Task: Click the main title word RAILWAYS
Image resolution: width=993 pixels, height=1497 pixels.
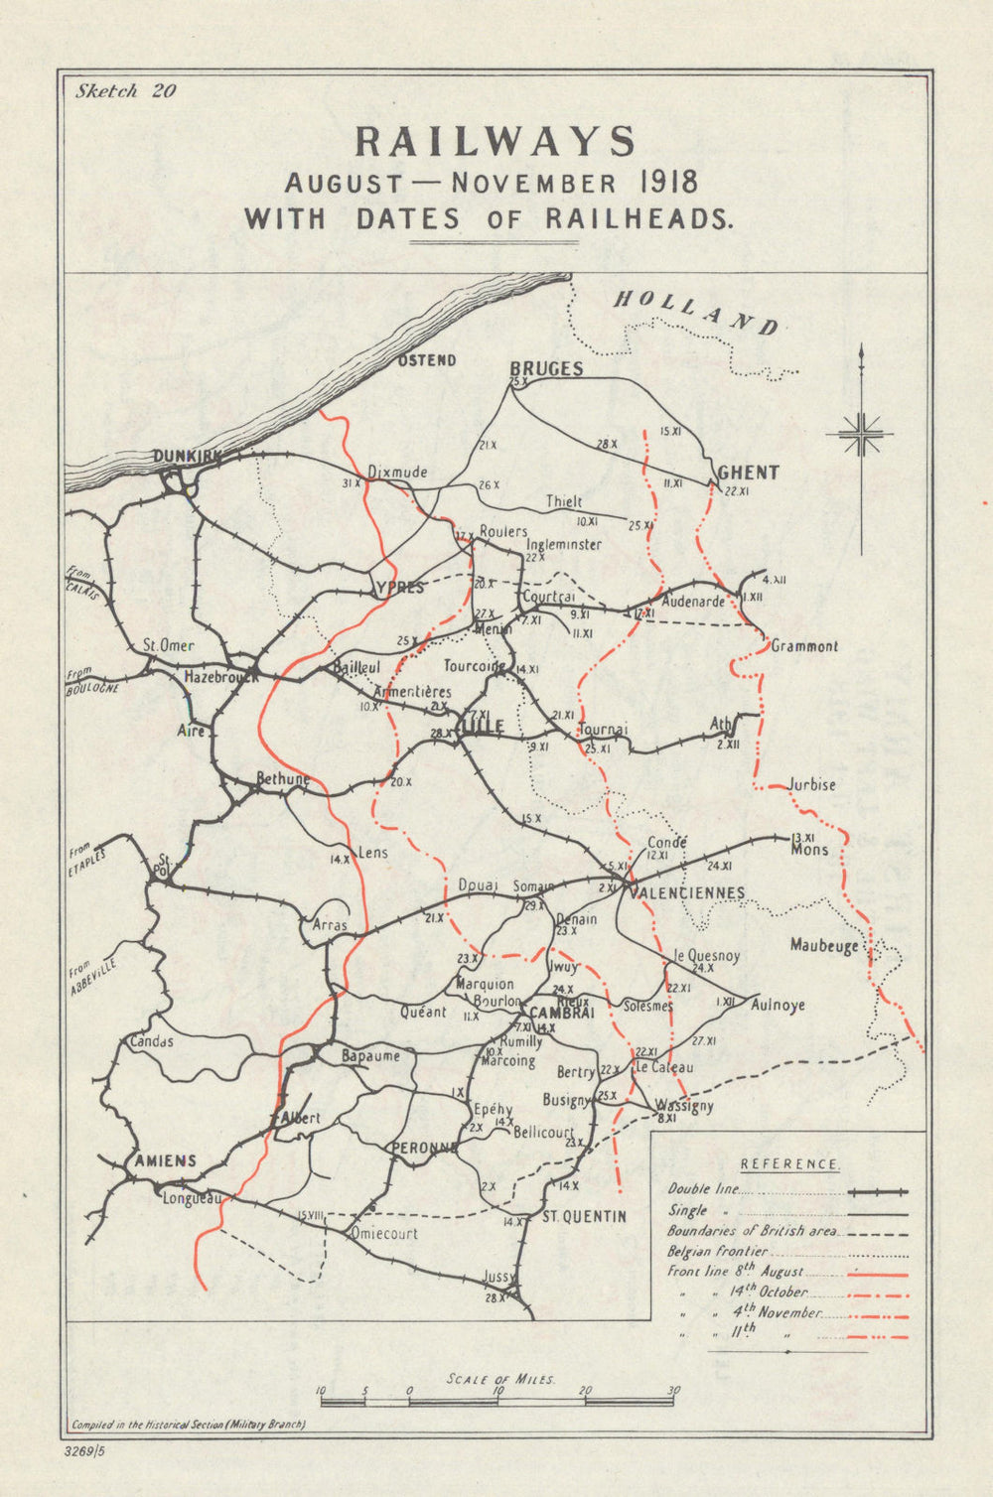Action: [x=495, y=142]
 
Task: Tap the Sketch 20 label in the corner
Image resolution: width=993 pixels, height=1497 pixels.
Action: [x=125, y=91]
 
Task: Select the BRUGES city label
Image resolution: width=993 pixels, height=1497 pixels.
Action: [x=546, y=368]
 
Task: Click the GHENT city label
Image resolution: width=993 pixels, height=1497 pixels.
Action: [x=748, y=473]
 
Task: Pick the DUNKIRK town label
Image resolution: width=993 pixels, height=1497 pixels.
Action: [x=185, y=457]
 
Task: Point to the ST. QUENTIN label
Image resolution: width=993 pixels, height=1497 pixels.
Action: [x=584, y=1216]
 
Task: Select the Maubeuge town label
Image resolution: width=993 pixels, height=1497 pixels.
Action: [x=824, y=946]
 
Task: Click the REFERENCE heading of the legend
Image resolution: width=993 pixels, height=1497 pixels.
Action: [x=790, y=1164]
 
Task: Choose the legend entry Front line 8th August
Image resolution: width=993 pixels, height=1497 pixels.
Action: [x=735, y=1273]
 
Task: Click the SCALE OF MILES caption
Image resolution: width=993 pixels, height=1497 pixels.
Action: [x=501, y=1380]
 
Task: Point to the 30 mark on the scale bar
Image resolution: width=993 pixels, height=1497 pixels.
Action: [x=674, y=1391]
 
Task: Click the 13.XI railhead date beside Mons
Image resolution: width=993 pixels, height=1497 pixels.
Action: [x=803, y=837]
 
